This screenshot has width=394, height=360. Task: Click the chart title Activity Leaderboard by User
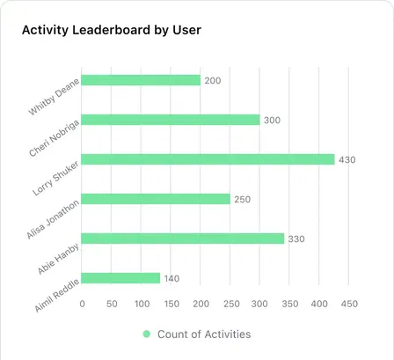(111, 31)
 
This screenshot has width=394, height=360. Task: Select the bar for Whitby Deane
(141, 80)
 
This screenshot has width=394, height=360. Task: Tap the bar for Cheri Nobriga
(171, 120)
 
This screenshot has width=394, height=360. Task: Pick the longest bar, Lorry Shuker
(208, 159)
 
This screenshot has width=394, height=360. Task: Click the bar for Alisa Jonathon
(156, 199)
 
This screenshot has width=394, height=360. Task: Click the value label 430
(348, 159)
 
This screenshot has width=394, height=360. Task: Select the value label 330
(297, 239)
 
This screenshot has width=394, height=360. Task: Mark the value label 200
(213, 80)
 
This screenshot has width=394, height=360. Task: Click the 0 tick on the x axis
(82, 305)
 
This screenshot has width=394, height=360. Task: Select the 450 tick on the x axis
(348, 305)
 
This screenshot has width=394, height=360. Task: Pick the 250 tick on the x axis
(230, 305)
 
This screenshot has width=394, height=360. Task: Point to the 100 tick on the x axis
(141, 305)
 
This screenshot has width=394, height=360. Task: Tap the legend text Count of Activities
(203, 334)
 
